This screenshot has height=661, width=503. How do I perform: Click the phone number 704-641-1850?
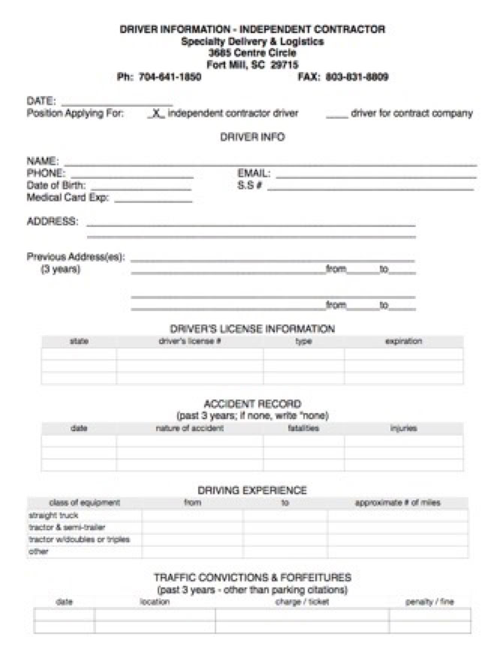(170, 77)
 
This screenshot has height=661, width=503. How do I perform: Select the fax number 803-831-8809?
(357, 77)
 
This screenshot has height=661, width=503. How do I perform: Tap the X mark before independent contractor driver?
(156, 113)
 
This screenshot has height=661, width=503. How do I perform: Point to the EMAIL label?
(254, 173)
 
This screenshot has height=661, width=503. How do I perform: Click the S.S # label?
(249, 185)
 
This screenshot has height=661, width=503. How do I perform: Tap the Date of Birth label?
(56, 185)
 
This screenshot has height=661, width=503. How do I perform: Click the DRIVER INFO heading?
(252, 137)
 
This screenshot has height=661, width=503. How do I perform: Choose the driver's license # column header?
(189, 341)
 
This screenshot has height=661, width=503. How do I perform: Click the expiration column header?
(403, 341)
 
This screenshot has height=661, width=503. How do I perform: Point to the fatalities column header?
(303, 428)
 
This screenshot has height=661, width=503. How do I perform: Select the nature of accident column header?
(189, 428)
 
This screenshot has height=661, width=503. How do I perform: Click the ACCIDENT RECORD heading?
(252, 403)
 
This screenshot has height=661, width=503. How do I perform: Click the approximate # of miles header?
(397, 503)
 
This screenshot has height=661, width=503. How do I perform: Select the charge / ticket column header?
(302, 602)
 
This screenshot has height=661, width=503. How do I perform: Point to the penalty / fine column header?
(429, 602)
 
